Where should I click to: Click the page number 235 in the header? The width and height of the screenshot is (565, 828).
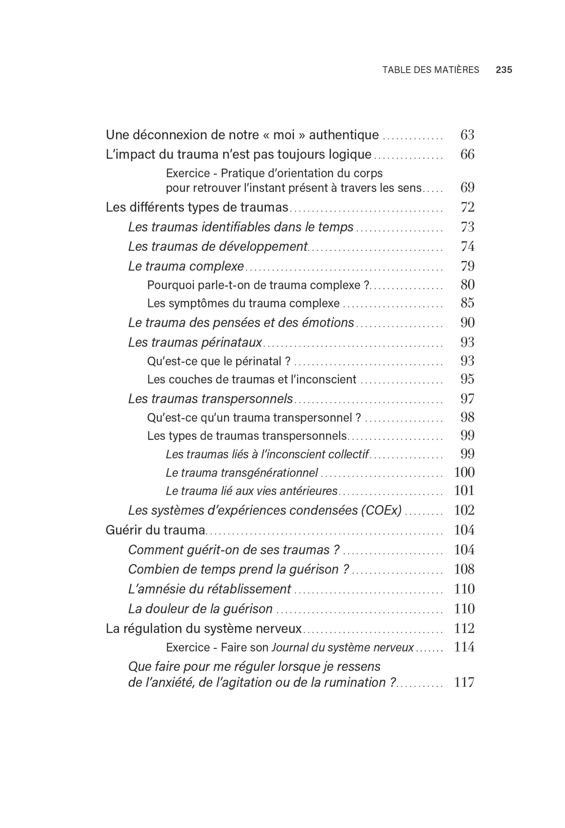coord(504,70)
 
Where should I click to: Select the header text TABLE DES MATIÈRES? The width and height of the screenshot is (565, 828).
coord(431,70)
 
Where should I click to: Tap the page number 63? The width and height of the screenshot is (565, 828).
coord(467,135)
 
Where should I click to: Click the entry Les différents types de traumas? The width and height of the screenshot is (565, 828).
coord(197,207)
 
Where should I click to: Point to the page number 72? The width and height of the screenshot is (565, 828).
coord(467,207)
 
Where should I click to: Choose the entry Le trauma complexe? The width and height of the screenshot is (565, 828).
coord(186,266)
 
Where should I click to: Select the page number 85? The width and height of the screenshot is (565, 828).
coord(467,303)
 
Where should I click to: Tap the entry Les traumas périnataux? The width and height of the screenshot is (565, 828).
coord(195,342)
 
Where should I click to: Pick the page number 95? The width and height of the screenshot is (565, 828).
coord(467,379)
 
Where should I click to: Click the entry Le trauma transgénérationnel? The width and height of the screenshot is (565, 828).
coord(242,473)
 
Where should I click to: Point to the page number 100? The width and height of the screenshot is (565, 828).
coord(464,472)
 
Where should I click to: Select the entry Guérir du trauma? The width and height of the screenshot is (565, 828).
coord(155,530)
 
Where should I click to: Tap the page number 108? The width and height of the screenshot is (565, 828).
coord(464,569)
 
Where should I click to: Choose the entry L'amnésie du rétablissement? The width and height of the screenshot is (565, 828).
coord(209,589)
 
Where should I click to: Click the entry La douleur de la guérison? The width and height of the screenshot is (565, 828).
coord(200,609)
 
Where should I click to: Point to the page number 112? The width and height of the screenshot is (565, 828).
coord(464,628)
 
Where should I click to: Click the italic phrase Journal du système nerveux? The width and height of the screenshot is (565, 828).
coord(343,648)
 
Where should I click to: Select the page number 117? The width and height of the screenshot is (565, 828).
coord(464,682)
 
